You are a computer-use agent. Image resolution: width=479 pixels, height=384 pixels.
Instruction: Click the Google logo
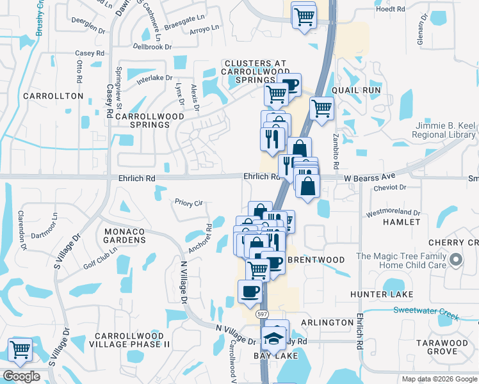(x=21, y=376)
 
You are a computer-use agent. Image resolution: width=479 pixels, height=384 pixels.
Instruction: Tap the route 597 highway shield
(x=262, y=314)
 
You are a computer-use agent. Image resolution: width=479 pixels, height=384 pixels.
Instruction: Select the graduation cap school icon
(x=274, y=337)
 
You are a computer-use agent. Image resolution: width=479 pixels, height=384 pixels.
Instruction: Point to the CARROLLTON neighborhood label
(x=53, y=96)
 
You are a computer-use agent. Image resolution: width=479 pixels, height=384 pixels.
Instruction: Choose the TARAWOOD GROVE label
(x=441, y=347)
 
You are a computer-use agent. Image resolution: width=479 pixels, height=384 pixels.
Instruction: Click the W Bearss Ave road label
(x=369, y=177)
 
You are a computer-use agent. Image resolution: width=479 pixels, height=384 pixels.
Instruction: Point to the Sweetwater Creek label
(x=435, y=310)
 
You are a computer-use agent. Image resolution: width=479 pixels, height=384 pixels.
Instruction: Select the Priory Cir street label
(x=189, y=202)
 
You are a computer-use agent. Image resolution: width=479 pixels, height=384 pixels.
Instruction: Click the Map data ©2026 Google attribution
(x=439, y=379)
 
